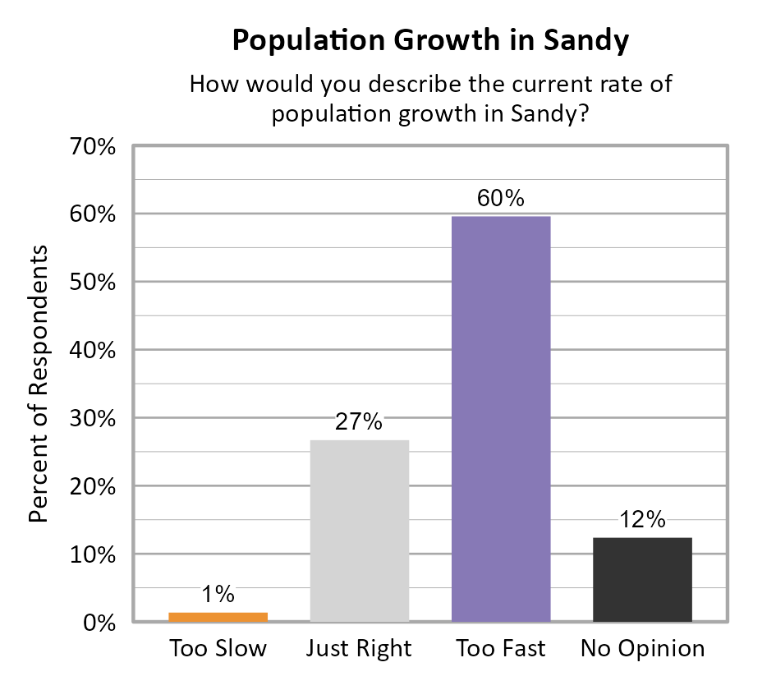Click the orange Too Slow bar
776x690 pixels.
[x=218, y=617]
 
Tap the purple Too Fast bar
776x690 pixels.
[x=501, y=419]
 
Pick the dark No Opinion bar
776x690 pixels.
[x=642, y=579]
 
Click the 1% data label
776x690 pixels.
[x=218, y=594]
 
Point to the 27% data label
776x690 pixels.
[x=359, y=422]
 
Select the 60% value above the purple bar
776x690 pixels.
[x=500, y=199]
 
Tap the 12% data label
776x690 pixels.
[x=642, y=519]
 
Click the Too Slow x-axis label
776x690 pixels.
[x=218, y=649]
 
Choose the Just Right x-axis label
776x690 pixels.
[x=359, y=649]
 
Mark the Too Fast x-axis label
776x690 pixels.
[x=500, y=649]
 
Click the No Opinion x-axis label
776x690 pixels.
[x=642, y=649]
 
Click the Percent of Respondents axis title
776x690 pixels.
[x=39, y=383]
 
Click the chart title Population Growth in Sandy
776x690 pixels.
[x=430, y=40]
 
